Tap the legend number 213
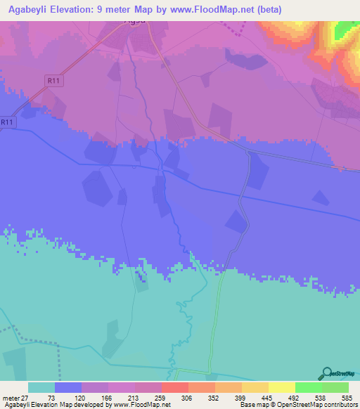(134, 398)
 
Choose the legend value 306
(188, 398)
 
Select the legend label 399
(241, 398)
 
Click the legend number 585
(346, 398)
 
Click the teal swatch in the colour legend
(41, 387)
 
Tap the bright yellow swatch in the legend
(281, 387)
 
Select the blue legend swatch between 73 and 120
(67, 387)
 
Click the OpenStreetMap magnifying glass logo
(327, 372)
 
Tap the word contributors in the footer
(337, 405)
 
